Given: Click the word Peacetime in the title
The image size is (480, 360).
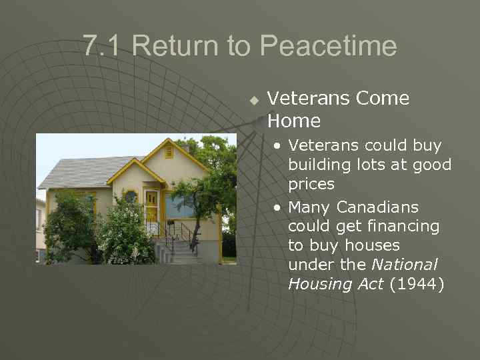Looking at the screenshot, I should (x=328, y=46).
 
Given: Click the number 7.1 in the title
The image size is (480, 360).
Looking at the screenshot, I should (x=104, y=46).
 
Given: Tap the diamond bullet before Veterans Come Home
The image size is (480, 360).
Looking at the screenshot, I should (x=253, y=101).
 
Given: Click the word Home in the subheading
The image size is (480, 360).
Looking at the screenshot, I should (x=294, y=121).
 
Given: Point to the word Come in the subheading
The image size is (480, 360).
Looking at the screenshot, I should (x=383, y=99).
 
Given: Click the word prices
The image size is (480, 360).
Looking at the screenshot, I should (x=311, y=183).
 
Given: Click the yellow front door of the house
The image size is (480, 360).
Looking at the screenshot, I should (x=151, y=207).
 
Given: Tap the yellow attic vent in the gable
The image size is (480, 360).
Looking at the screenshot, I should (x=168, y=153).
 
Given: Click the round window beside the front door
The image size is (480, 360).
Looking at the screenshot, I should (x=131, y=197).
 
